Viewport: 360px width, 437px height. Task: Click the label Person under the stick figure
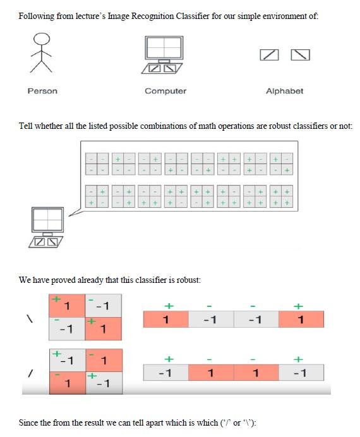tap(42, 91)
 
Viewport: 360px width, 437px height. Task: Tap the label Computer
tap(165, 91)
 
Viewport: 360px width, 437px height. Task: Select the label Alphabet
tap(284, 91)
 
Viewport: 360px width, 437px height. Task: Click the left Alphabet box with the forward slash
tap(269, 56)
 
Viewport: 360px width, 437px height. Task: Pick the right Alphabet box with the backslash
tap(300, 56)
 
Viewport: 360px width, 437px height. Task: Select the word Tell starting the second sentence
tap(27, 126)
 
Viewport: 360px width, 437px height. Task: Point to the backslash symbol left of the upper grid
tap(28, 319)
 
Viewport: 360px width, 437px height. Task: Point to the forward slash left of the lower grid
tap(28, 374)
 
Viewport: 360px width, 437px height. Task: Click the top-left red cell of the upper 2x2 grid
tap(67, 304)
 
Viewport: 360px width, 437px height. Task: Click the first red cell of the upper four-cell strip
tap(166, 320)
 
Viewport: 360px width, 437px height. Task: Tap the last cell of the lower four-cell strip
tap(301, 373)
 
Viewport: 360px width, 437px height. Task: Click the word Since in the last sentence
tap(30, 422)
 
